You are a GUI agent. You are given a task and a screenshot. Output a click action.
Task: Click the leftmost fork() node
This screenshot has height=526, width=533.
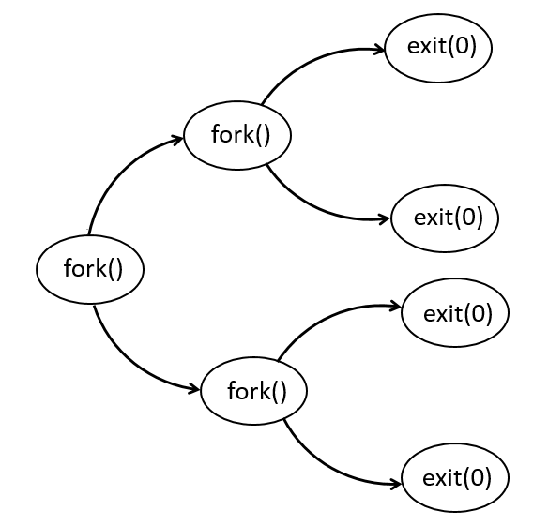tap(91, 269)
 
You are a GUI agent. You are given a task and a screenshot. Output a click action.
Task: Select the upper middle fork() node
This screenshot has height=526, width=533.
tap(237, 135)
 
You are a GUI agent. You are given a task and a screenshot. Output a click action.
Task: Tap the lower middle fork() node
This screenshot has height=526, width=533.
tap(253, 390)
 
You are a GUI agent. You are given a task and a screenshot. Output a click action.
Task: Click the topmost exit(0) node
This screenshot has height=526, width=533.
tap(438, 47)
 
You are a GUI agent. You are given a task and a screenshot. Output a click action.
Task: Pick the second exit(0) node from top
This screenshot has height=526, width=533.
tap(445, 218)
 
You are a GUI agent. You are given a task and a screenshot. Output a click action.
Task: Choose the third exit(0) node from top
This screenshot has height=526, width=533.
tap(455, 313)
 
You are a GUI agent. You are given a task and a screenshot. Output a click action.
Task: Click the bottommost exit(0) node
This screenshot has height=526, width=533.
tap(455, 477)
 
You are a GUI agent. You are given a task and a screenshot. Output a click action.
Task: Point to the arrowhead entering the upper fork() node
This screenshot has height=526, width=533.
tap(177, 140)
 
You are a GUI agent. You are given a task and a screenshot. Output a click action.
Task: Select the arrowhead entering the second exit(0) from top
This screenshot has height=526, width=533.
tap(385, 219)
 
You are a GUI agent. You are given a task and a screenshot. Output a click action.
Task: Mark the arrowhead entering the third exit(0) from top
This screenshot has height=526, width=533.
tap(395, 306)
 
